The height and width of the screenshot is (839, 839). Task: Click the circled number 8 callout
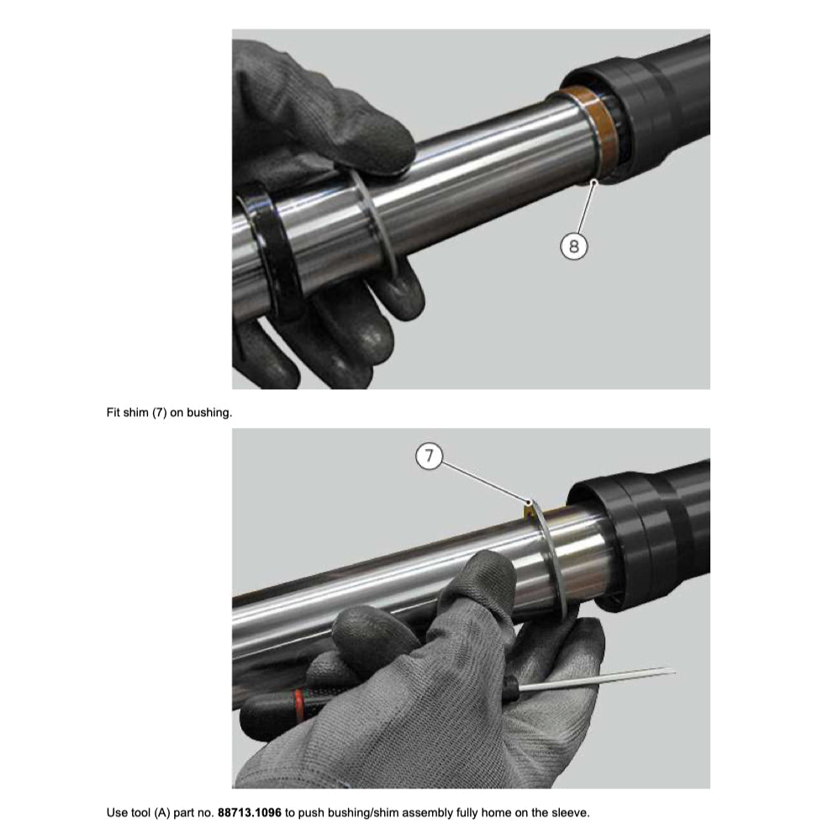pos(573,246)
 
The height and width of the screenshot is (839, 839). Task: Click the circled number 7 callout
pos(429,456)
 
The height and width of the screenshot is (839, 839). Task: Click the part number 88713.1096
pos(249,813)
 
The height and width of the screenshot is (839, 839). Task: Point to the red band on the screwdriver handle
pos(299,704)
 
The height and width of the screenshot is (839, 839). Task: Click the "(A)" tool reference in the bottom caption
pos(161,813)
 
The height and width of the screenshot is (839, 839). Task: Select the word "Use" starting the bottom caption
pos(117,813)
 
